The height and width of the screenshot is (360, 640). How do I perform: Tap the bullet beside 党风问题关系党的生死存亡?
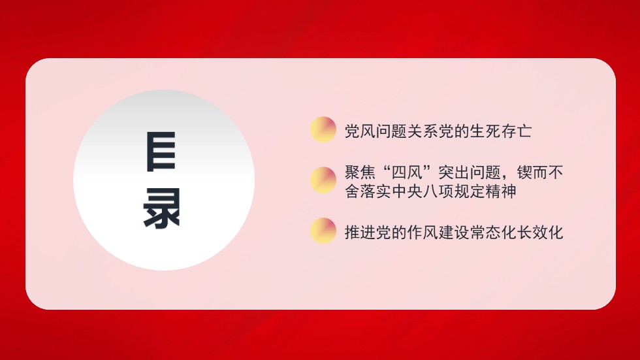[323, 129]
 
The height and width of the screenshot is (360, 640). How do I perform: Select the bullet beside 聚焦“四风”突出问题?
[323, 180]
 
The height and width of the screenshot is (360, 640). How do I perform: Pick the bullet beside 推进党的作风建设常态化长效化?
[323, 231]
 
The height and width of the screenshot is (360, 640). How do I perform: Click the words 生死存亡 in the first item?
[501, 131]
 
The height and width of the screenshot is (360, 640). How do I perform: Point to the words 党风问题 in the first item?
[376, 131]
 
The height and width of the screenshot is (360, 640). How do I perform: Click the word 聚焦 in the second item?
[360, 174]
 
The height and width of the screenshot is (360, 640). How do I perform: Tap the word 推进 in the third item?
[360, 233]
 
